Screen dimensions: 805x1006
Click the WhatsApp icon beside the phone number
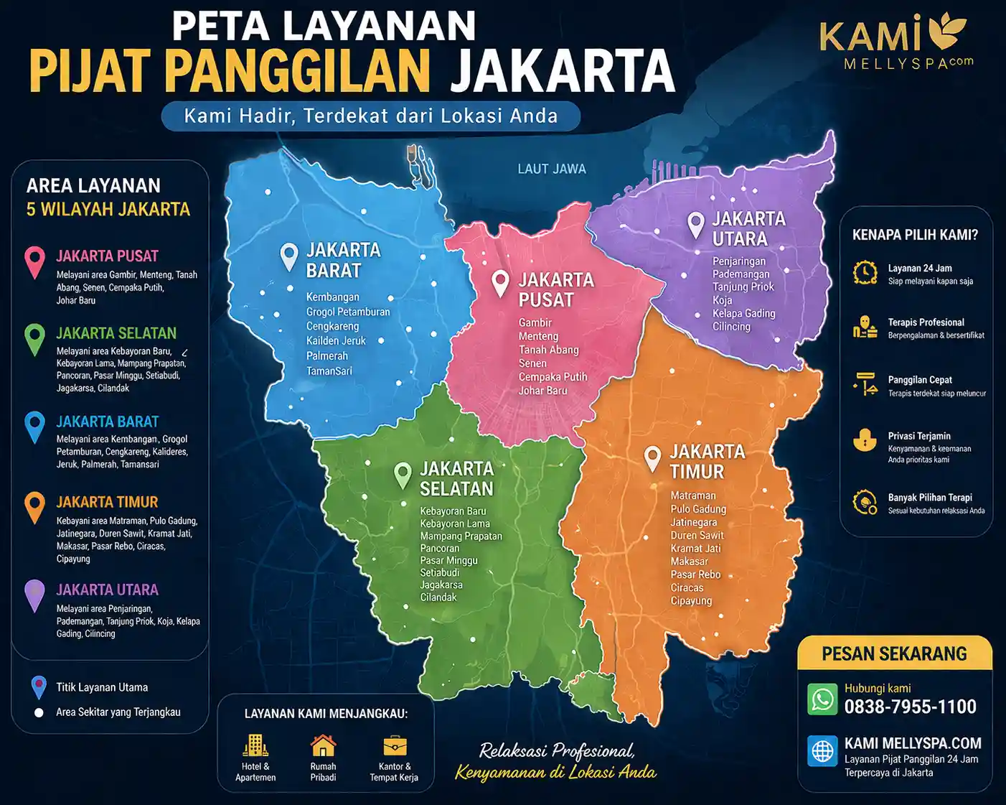click(x=822, y=699)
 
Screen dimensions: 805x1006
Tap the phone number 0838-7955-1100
click(x=910, y=707)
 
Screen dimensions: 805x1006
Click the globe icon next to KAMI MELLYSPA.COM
click(x=822, y=751)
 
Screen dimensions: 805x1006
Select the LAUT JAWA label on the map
click(x=552, y=169)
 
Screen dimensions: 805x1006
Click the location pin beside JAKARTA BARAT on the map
click(x=289, y=256)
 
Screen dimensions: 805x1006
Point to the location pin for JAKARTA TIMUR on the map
click(x=652, y=458)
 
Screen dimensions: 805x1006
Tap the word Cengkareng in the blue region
click(x=332, y=326)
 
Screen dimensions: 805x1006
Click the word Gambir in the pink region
click(x=535, y=323)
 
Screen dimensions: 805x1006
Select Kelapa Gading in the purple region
click(x=743, y=313)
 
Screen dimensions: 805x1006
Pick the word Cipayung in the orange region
click(x=691, y=600)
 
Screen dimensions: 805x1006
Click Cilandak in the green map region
click(x=438, y=597)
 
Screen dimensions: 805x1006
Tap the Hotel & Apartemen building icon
click(x=255, y=745)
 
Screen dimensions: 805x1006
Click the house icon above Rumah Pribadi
click(x=323, y=745)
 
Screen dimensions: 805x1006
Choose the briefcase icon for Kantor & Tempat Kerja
click(x=394, y=746)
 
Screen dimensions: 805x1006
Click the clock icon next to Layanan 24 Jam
click(x=865, y=273)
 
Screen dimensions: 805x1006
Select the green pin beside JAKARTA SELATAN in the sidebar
click(x=34, y=339)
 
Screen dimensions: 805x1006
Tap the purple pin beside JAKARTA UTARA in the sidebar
click(x=34, y=595)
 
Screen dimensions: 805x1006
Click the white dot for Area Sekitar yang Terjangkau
click(x=39, y=713)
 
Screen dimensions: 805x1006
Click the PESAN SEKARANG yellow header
click(x=894, y=653)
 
